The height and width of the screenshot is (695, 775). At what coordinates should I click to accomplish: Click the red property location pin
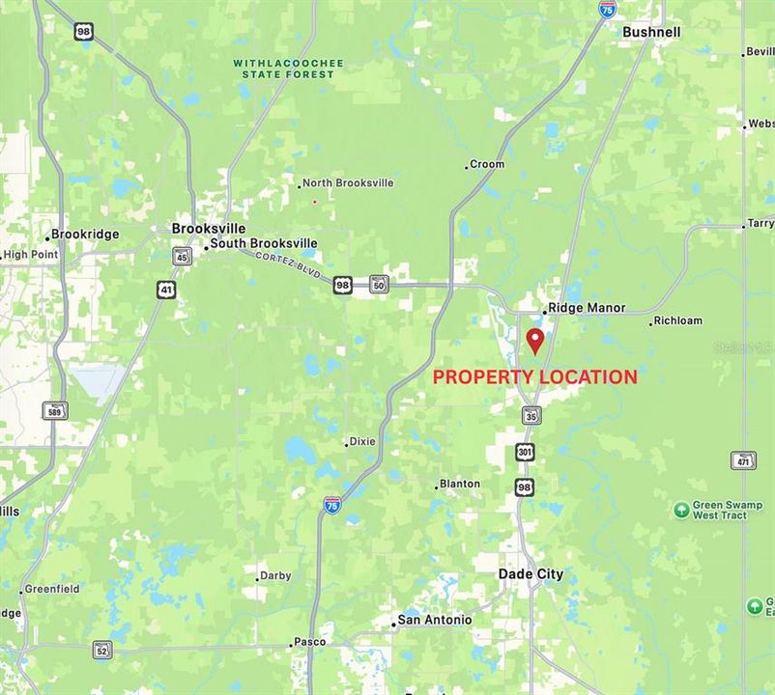pos(534,341)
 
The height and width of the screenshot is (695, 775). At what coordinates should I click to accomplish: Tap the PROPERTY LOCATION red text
pos(534,377)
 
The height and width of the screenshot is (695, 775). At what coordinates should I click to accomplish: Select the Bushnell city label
pos(651,32)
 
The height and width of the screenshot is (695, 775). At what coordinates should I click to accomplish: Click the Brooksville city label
pos(208,229)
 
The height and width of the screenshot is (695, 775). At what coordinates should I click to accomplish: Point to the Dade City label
pos(531,573)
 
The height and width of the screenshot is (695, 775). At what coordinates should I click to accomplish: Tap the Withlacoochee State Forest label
pos(288,69)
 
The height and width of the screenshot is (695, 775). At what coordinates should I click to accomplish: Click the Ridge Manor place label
pos(587,308)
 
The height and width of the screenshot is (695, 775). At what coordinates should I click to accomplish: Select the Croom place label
pos(487,164)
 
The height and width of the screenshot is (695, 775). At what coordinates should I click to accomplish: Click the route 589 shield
pos(55,410)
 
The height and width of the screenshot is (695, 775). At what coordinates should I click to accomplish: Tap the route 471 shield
pos(743,460)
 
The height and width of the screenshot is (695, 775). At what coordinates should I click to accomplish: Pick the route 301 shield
pos(525,451)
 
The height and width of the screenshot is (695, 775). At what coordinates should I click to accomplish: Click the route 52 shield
pos(102,649)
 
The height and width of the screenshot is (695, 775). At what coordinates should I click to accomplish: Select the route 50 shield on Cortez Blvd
pos(378,284)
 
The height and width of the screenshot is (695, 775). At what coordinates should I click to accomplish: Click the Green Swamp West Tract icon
pos(681,509)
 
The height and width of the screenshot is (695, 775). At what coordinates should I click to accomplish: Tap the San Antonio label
pos(435,620)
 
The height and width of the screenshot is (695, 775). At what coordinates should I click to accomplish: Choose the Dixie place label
pos(362,441)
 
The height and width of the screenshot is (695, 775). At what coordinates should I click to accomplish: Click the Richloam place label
pos(677,320)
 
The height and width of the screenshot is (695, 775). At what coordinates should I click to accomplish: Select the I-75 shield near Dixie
pos(331,504)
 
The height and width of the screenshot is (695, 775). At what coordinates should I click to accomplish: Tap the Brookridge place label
pos(85,235)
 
